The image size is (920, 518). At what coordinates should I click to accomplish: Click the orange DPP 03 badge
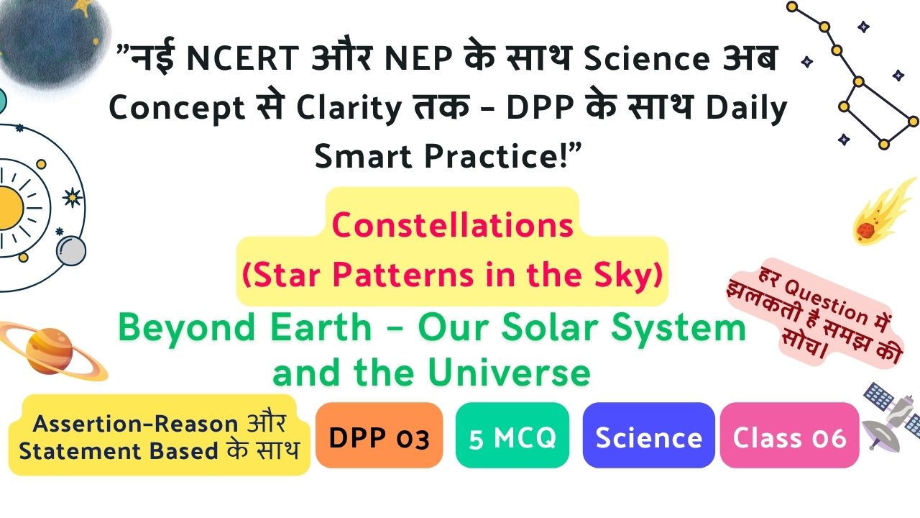pyautogui.click(x=379, y=435)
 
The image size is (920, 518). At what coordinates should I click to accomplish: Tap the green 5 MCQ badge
pyautogui.click(x=512, y=435)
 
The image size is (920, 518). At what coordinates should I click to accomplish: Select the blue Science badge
pyautogui.click(x=648, y=435)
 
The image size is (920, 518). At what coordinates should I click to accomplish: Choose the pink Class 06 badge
pyautogui.click(x=789, y=435)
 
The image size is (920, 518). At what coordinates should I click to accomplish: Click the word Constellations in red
pyautogui.click(x=452, y=225)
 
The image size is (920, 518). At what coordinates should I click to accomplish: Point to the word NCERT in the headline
pyautogui.click(x=242, y=58)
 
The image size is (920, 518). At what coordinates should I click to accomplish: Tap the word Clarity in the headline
pyautogui.click(x=349, y=109)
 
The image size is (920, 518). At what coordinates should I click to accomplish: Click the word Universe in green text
pyautogui.click(x=509, y=373)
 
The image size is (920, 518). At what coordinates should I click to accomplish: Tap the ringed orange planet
pyautogui.click(x=50, y=350)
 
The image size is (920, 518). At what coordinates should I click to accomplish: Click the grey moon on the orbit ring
pyautogui.click(x=71, y=251)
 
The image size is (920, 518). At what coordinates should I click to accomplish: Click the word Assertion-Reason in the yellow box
pyautogui.click(x=136, y=424)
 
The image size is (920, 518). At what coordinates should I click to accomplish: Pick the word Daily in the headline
pyautogui.click(x=746, y=109)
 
